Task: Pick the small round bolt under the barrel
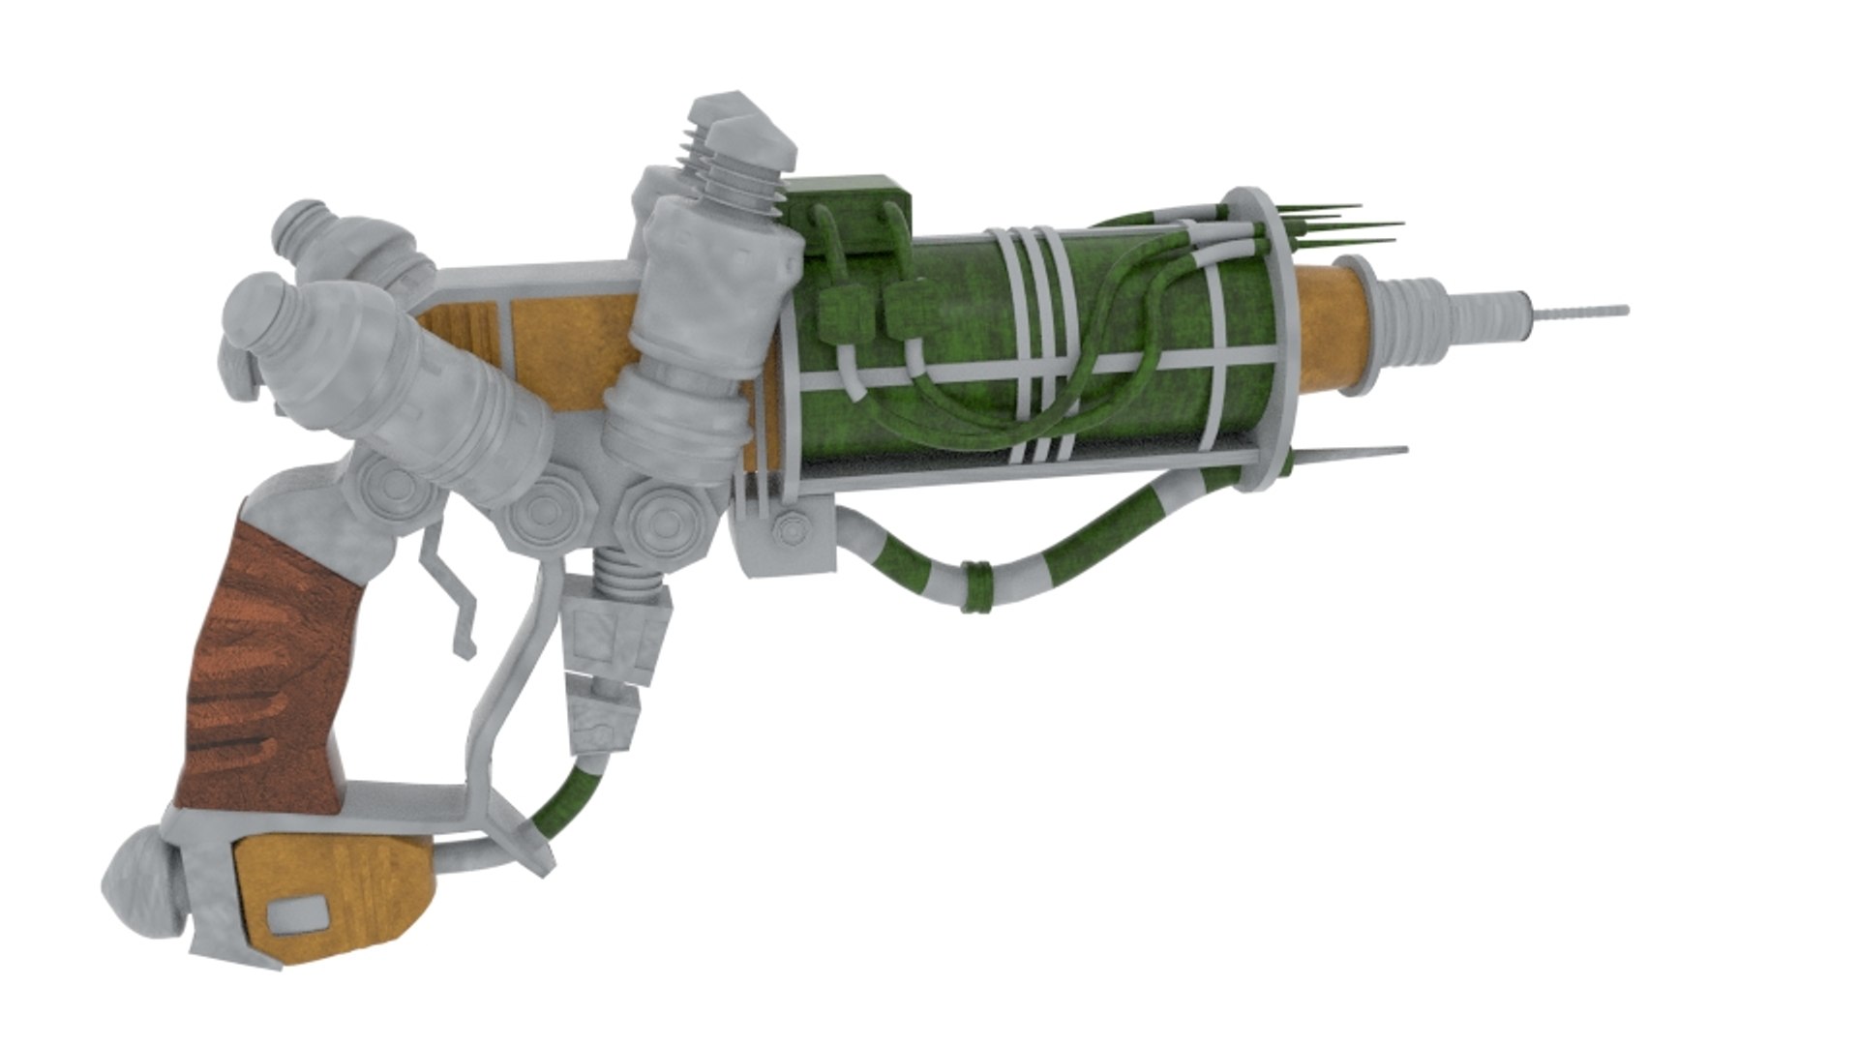793,530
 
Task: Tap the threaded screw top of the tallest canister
740,174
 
